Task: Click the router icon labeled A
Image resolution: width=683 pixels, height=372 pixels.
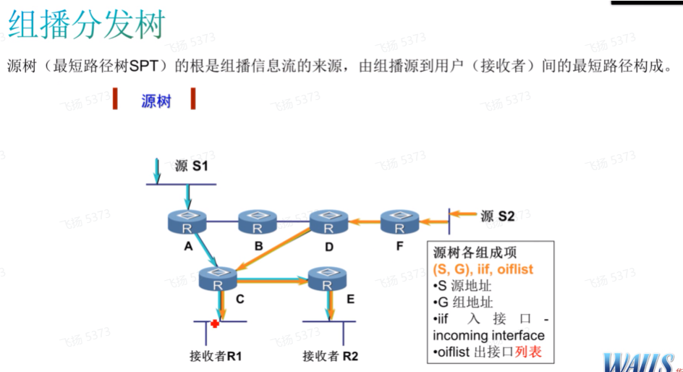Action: [x=187, y=221]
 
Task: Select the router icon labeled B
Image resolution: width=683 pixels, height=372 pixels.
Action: [x=258, y=221]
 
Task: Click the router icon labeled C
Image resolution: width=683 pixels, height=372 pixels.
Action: [x=219, y=277]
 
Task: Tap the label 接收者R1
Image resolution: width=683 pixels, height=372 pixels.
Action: [x=215, y=355]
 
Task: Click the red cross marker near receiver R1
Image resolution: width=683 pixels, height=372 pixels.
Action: [x=215, y=323]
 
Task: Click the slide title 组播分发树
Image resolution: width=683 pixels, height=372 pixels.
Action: [x=86, y=25]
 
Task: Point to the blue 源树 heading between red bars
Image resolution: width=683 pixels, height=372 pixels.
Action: [x=156, y=101]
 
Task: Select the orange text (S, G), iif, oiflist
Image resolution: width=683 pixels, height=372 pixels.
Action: [x=483, y=269]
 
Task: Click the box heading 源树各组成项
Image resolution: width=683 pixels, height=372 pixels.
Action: [x=475, y=253]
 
